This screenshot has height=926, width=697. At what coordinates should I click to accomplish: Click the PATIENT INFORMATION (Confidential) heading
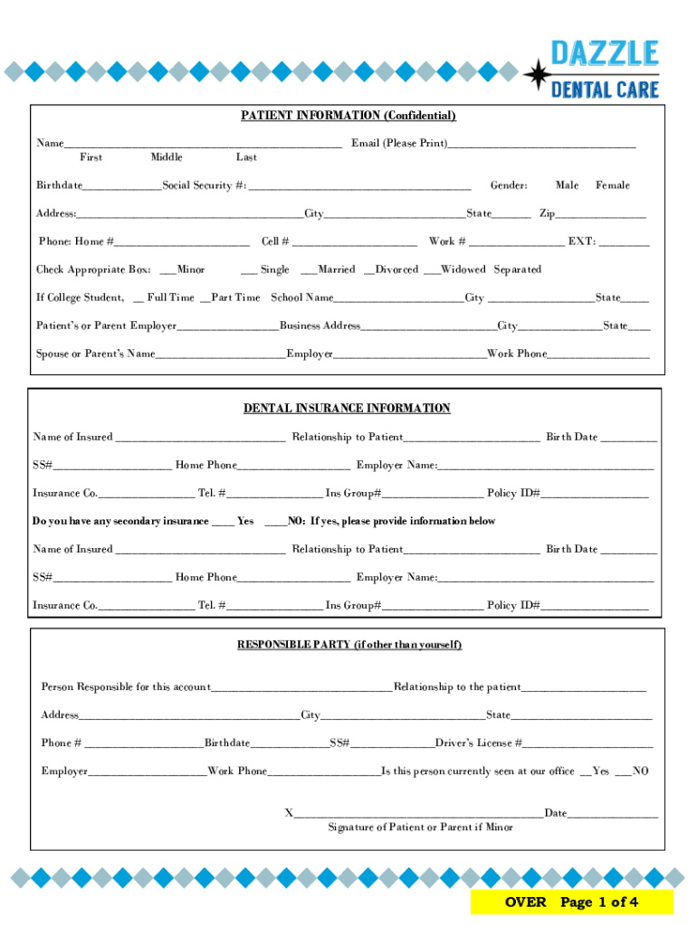tap(348, 116)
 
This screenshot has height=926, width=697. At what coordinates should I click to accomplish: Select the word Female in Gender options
tap(612, 185)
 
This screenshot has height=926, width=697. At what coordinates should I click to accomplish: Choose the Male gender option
tap(567, 185)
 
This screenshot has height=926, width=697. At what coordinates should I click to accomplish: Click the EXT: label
tap(582, 241)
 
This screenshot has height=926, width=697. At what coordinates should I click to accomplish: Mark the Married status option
tap(336, 269)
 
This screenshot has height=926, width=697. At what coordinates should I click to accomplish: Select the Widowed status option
tap(463, 269)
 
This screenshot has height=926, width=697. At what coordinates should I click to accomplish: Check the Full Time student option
tap(169, 298)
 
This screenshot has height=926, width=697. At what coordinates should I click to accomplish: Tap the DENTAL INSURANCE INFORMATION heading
tap(347, 409)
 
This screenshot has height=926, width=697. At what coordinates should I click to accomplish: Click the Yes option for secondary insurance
tap(244, 521)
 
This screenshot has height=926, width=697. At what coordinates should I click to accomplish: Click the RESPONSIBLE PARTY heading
tap(349, 645)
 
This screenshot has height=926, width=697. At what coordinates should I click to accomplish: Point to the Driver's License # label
tap(479, 743)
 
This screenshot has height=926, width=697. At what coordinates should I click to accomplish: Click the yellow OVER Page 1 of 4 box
tap(571, 902)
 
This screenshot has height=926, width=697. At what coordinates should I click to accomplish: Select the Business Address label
tap(320, 326)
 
